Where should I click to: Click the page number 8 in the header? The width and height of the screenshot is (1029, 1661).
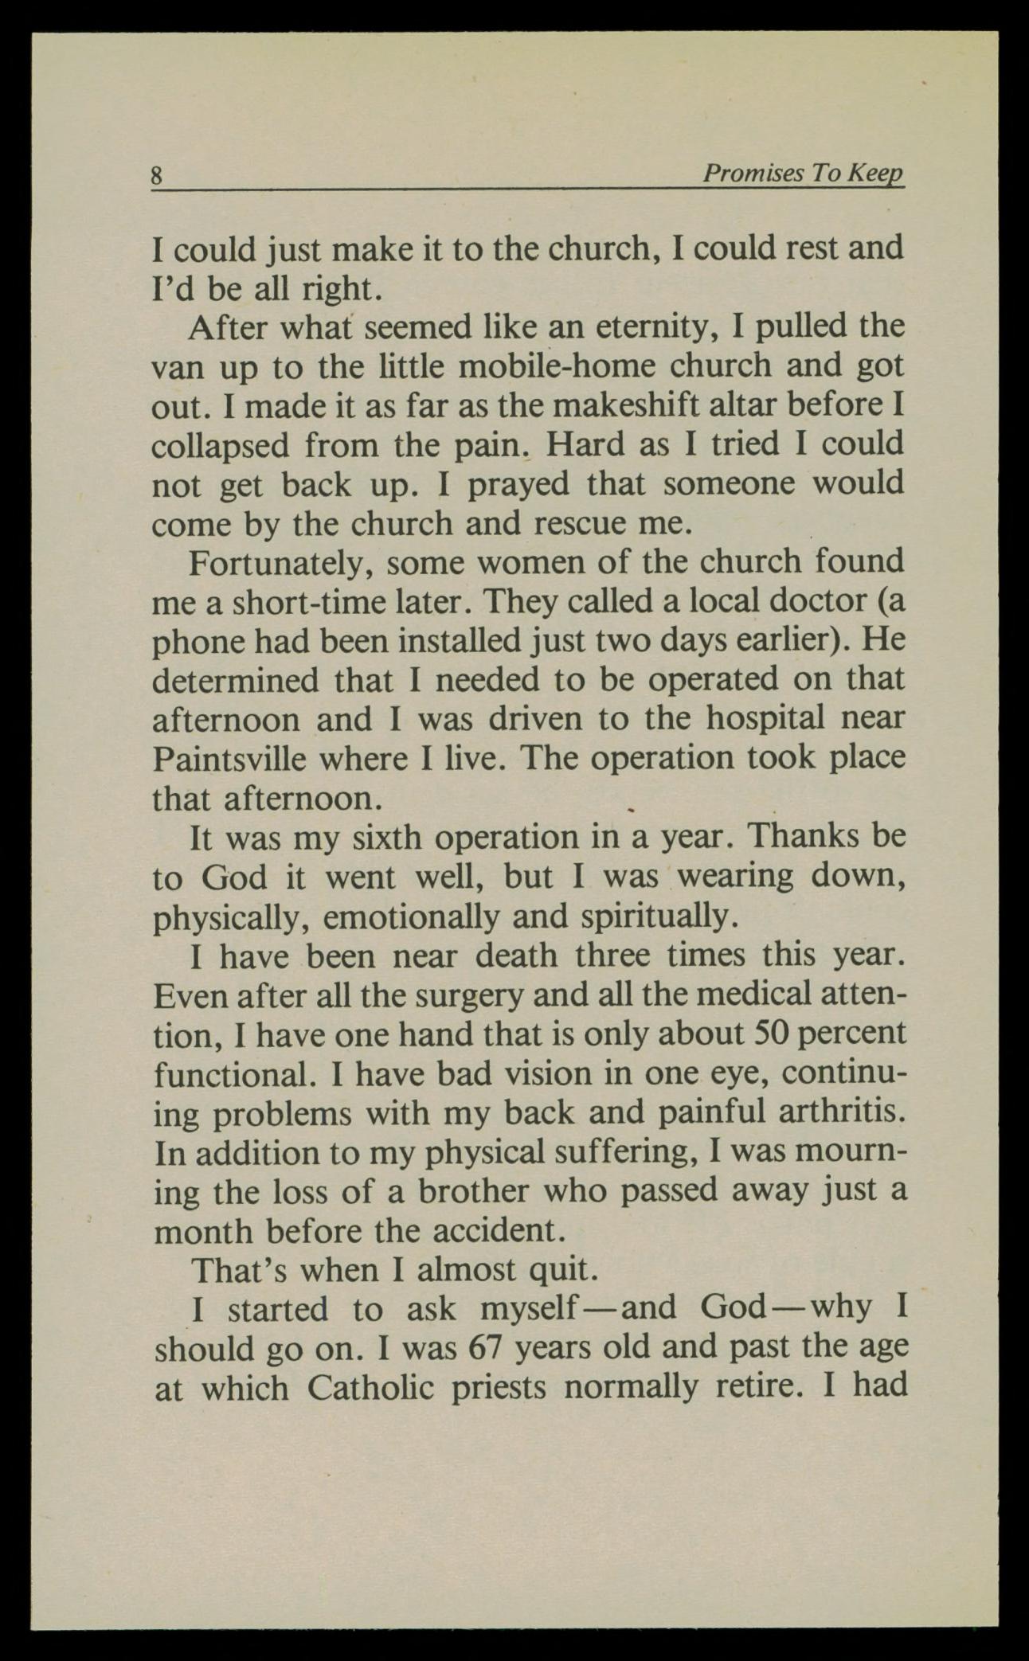157,174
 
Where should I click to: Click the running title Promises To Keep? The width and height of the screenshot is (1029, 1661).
803,173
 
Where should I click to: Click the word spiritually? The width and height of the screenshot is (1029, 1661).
655,916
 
